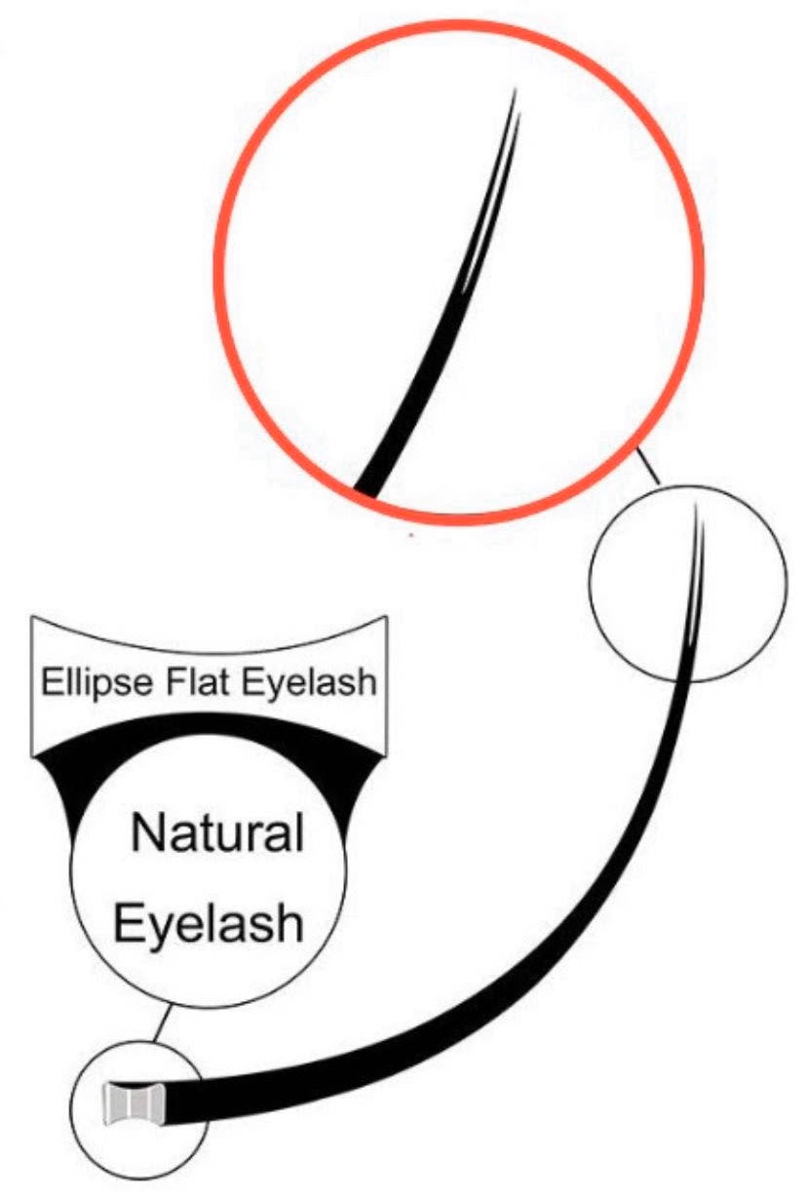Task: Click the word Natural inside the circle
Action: (x=217, y=835)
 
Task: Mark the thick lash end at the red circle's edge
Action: (x=371, y=483)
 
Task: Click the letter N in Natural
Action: (x=149, y=835)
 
